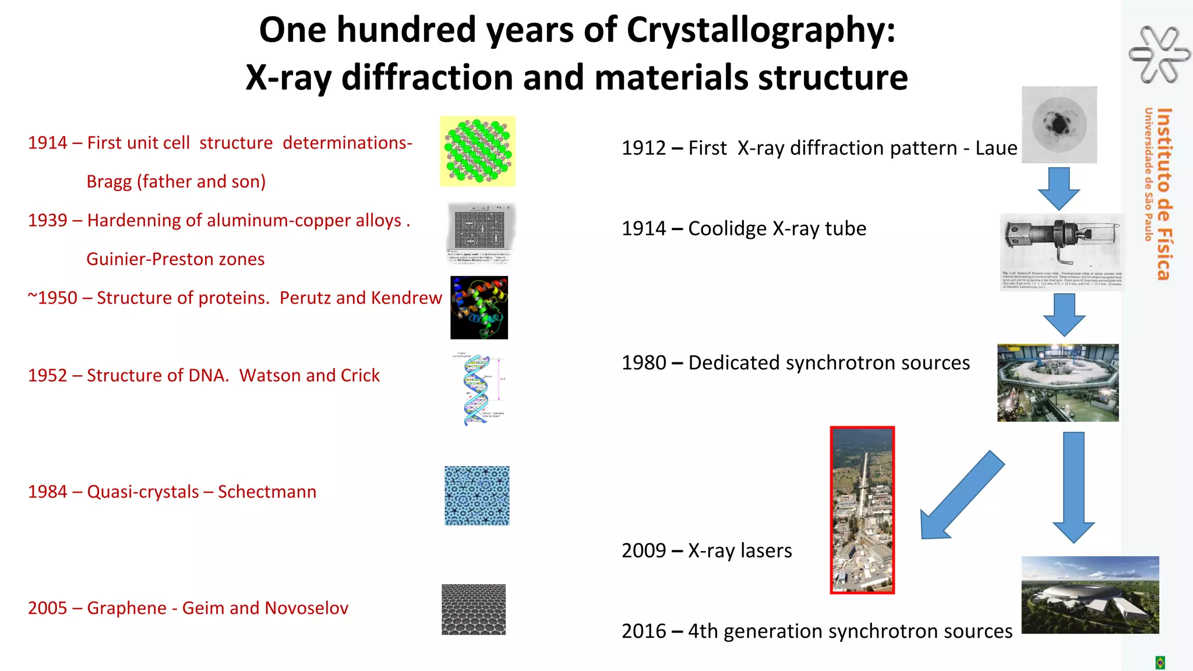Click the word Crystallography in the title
(x=760, y=30)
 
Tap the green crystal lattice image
(x=478, y=151)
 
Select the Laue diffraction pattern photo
(x=1059, y=125)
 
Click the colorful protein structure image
(x=479, y=308)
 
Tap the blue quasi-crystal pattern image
(x=477, y=495)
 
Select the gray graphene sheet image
(x=474, y=609)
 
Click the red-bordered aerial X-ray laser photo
(x=862, y=510)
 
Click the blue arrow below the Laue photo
(x=1058, y=189)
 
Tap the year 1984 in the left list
(x=48, y=492)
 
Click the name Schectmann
(x=267, y=492)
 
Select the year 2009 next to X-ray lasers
(x=644, y=550)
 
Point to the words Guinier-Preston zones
(x=175, y=259)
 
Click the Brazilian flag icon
(x=1160, y=662)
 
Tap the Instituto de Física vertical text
(x=1163, y=194)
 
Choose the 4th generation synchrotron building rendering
(x=1090, y=595)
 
